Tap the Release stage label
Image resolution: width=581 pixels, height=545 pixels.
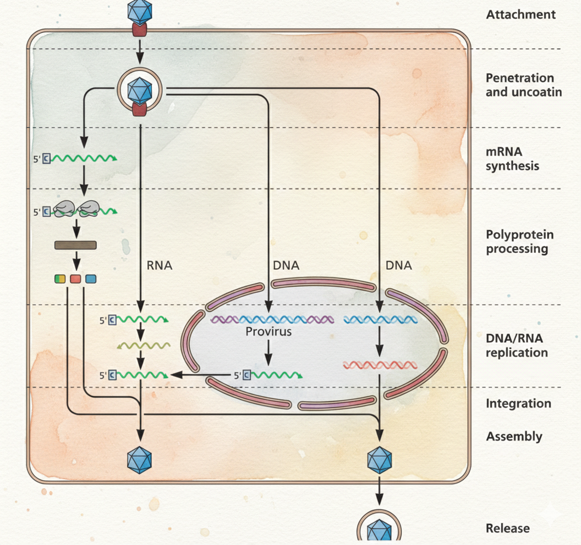pyautogui.click(x=507, y=529)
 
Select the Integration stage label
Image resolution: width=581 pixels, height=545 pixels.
pyautogui.click(x=518, y=404)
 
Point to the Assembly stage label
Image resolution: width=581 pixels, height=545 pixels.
pyautogui.click(x=514, y=437)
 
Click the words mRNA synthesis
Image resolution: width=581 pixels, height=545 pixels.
pyautogui.click(x=512, y=158)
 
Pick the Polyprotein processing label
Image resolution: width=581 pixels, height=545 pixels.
pyautogui.click(x=519, y=242)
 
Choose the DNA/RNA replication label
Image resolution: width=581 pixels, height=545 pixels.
pyautogui.click(x=517, y=346)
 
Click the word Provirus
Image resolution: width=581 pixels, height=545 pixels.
pyautogui.click(x=268, y=332)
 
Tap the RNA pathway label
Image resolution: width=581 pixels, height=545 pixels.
pyautogui.click(x=160, y=266)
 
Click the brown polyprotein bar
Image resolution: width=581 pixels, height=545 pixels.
pyautogui.click(x=76, y=245)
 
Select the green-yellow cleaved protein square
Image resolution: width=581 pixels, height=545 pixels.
pyautogui.click(x=60, y=279)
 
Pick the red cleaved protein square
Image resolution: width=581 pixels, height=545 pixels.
pyautogui.click(x=76, y=279)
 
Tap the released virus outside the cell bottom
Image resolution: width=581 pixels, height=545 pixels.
pyautogui.click(x=379, y=531)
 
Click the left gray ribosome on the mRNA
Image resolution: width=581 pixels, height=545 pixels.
pyautogui.click(x=65, y=208)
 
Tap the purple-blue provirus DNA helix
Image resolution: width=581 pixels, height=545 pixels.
pyautogui.click(x=272, y=319)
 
